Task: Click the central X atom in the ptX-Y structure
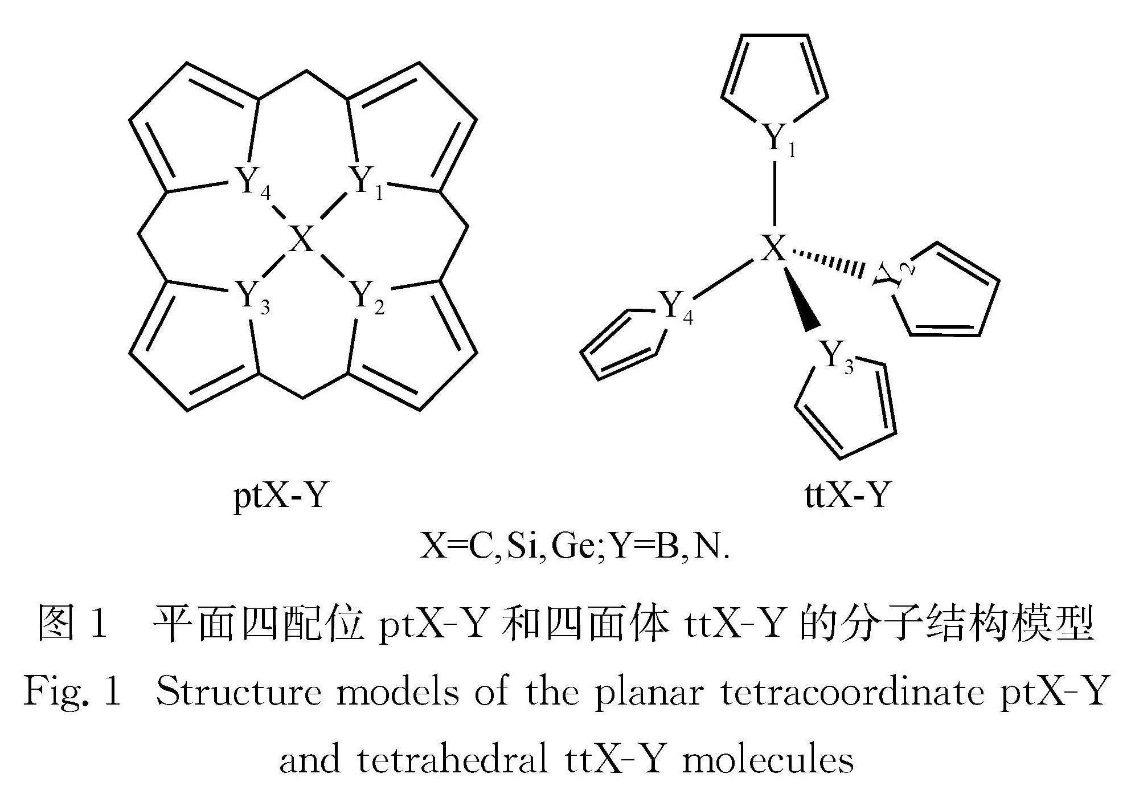(301, 239)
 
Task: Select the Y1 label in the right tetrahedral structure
(778, 138)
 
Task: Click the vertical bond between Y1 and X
(775, 194)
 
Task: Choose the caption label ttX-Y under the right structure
(847, 494)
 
